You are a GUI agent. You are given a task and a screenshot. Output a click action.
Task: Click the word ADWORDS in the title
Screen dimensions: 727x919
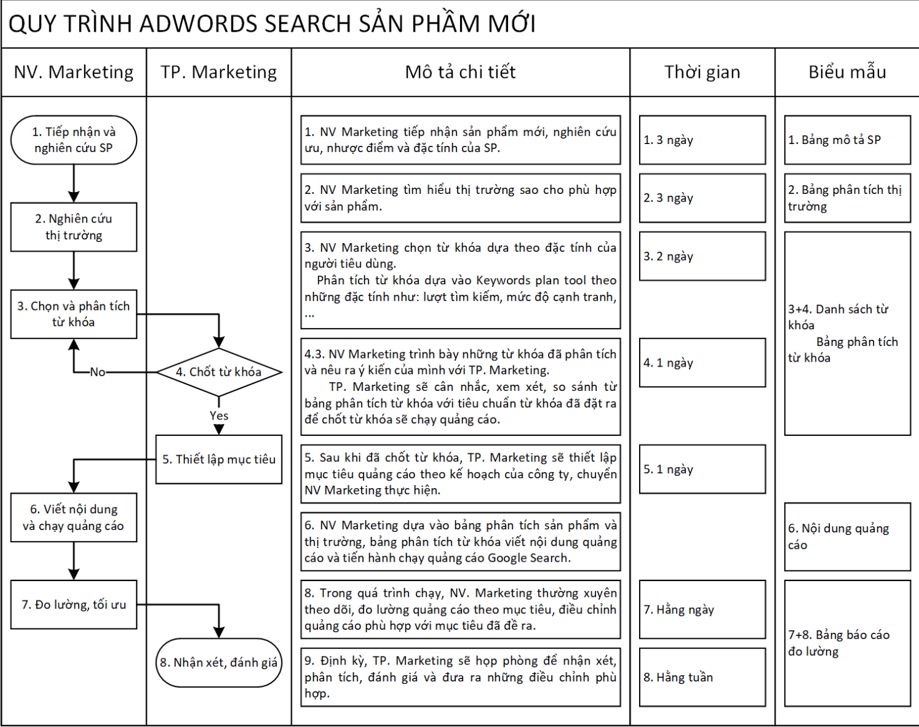pos(198,24)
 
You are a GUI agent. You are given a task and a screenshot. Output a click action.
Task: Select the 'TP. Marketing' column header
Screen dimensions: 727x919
pos(219,72)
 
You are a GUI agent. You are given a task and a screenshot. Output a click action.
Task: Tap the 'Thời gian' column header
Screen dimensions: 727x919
pos(702,72)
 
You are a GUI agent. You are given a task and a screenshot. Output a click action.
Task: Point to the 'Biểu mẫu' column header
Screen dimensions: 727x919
pos(847,72)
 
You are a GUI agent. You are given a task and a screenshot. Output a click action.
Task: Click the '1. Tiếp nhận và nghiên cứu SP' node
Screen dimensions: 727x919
pos(74,140)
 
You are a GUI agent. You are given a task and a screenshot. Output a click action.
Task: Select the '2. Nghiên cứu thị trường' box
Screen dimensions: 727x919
pos(74,227)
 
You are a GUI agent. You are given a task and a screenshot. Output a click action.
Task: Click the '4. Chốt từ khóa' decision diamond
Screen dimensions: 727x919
pos(219,372)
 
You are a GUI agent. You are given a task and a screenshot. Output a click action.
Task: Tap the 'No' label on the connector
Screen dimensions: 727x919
pos(97,372)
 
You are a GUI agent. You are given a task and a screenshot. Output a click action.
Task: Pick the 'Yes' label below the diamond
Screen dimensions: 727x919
pos(219,416)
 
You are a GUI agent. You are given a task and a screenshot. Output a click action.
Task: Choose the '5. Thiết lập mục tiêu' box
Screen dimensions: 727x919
pos(219,460)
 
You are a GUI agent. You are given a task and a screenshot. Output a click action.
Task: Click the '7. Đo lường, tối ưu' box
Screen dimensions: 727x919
pos(74,605)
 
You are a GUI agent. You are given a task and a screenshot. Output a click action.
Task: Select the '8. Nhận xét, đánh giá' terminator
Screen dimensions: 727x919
pos(219,663)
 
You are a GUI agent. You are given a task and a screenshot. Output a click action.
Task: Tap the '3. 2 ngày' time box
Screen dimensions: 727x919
pos(702,256)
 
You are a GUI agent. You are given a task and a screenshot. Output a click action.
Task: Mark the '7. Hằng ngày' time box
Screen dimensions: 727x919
pos(702,610)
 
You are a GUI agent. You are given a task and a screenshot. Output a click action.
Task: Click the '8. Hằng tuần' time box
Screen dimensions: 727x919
pos(702,677)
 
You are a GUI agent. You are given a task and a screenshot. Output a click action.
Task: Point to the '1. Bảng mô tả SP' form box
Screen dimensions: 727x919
pos(847,140)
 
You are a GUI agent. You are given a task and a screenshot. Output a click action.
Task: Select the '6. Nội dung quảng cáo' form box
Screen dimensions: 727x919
pos(847,537)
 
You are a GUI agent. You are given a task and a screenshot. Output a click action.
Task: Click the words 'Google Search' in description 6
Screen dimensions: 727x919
pos(528,558)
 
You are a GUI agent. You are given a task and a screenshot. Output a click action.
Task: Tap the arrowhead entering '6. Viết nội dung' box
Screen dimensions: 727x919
pos(74,487)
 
